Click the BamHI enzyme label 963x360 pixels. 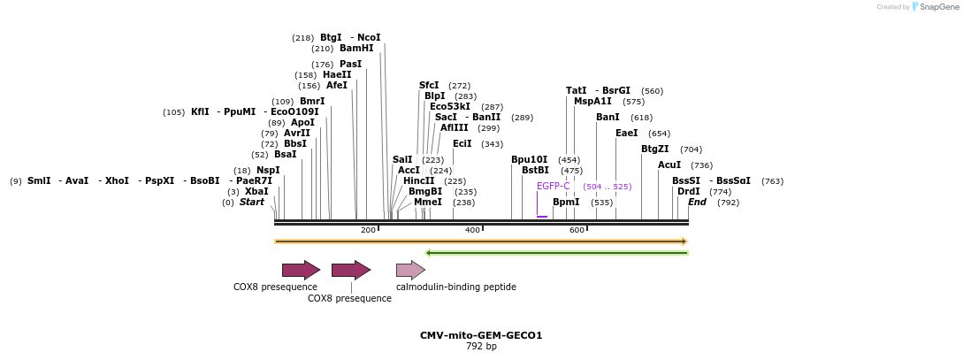click(x=356, y=49)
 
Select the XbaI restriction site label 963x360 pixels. click(x=256, y=191)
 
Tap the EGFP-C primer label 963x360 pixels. click(x=553, y=186)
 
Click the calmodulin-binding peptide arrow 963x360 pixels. click(x=410, y=270)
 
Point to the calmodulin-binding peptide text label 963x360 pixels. click(x=455, y=287)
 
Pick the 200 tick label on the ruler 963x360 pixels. click(x=368, y=230)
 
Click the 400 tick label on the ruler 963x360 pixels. click(x=472, y=230)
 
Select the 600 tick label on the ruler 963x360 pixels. click(x=577, y=230)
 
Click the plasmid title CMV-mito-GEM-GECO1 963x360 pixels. click(x=481, y=335)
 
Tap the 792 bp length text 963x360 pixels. click(x=481, y=346)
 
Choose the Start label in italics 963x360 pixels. click(x=252, y=202)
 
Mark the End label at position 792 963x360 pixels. click(x=697, y=202)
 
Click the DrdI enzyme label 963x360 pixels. click(x=688, y=191)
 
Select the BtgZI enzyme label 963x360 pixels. click(x=654, y=149)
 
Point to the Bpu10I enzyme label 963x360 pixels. click(x=529, y=159)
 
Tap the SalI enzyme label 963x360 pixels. click(x=402, y=159)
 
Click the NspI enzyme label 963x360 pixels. click(x=268, y=170)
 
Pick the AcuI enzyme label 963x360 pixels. click(x=669, y=165)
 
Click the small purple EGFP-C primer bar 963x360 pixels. click(x=542, y=216)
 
